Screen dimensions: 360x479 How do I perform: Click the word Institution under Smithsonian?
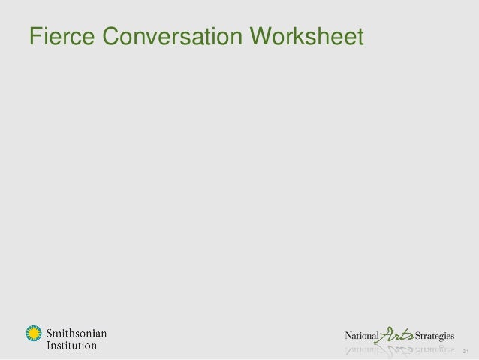72,345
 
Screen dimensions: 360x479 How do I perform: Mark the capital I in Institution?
50,345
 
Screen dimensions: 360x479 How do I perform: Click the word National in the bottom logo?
363,334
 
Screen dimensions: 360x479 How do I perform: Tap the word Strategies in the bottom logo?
446,334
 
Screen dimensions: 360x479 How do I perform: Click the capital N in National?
348,334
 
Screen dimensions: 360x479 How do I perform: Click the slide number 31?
466,351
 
